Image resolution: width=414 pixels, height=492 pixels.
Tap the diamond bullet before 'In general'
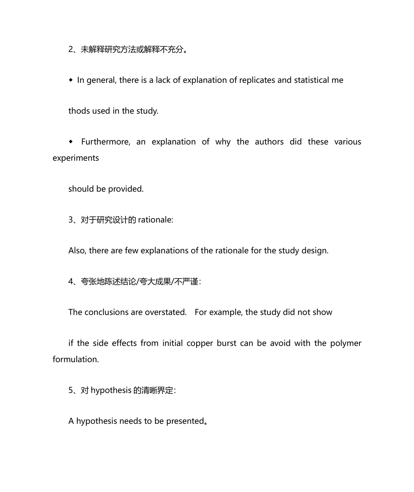click(71, 80)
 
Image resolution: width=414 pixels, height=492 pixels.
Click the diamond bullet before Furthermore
click(71, 142)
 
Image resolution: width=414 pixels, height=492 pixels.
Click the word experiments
click(76, 158)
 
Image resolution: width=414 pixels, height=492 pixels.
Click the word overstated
click(166, 312)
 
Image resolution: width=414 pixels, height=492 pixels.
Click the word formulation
click(76, 359)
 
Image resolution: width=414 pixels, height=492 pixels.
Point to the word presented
click(185, 421)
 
